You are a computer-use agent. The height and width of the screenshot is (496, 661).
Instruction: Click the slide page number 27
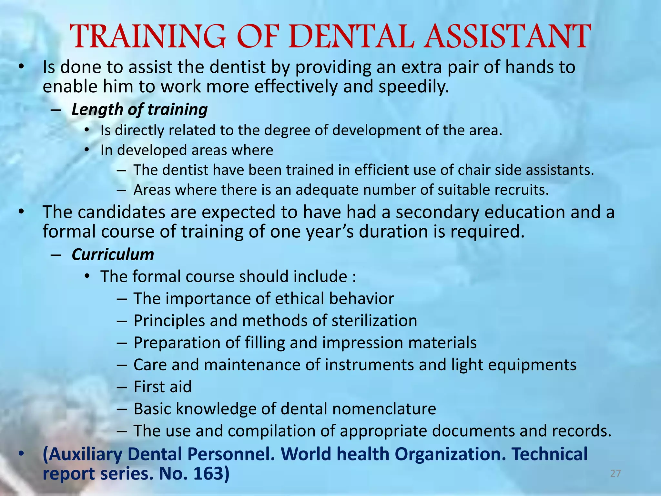[x=616, y=474]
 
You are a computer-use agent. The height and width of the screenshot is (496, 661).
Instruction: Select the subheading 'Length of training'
[x=139, y=109]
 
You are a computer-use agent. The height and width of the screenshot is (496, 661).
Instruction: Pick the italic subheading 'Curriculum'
[x=113, y=254]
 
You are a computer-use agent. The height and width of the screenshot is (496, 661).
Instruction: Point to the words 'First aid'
[x=163, y=387]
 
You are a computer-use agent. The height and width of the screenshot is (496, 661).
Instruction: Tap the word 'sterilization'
[x=374, y=321]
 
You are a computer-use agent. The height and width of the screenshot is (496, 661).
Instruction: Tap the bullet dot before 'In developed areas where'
[x=86, y=150]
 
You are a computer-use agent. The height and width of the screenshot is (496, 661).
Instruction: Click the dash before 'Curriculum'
[x=56, y=255]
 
